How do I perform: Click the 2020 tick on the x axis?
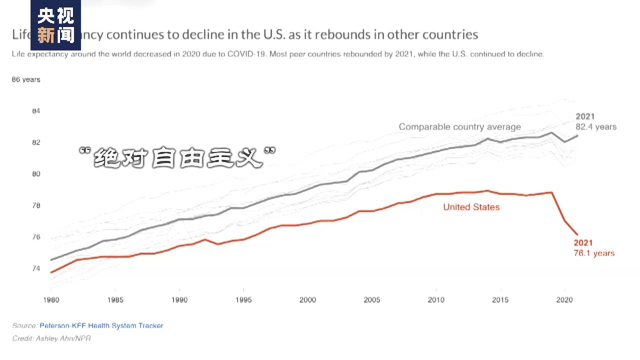click(564, 299)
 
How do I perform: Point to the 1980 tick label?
click(51, 299)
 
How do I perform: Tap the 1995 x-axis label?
click(243, 299)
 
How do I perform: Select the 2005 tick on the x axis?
click(372, 299)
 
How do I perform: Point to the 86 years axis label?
click(26, 79)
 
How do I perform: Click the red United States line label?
click(471, 207)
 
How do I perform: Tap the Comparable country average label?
click(459, 127)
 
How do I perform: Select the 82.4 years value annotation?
click(596, 127)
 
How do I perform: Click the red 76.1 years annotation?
click(594, 253)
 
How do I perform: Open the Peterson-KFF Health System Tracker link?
click(101, 325)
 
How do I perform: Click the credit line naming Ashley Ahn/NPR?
click(51, 338)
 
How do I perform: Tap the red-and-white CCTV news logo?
click(55, 25)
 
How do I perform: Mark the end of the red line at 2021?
click(577, 234)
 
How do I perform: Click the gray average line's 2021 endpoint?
click(577, 135)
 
